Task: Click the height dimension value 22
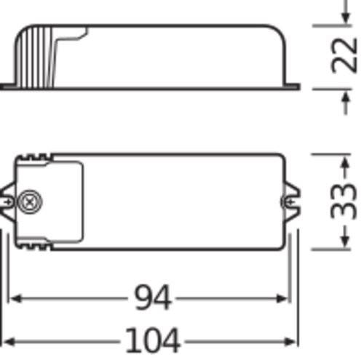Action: point(345,56)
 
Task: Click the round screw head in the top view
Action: point(31,201)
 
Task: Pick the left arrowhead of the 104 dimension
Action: point(7,340)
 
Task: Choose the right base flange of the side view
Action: point(293,87)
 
